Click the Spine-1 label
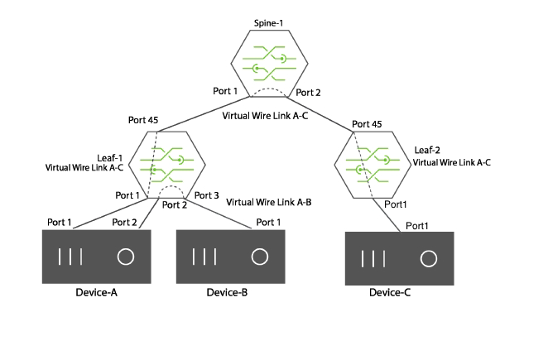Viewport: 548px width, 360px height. coord(268,23)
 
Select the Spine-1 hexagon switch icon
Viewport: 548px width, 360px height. coord(270,63)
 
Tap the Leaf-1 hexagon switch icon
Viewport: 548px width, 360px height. coord(167,165)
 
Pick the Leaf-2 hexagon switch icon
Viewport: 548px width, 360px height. coord(373,165)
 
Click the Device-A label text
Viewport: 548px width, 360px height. coord(97,292)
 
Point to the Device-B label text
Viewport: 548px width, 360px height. coord(227,292)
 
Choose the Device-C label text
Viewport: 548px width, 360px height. coord(390,292)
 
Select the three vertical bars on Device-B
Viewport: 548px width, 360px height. coord(204,257)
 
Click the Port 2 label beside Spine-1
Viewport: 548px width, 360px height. coord(308,93)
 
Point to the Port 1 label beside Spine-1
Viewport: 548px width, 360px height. coord(225,91)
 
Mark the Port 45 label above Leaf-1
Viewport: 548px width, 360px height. coord(143,120)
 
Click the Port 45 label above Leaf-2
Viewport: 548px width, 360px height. coord(367,124)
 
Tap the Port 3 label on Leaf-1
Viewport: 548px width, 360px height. coord(207,195)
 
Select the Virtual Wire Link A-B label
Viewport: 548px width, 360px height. coord(269,203)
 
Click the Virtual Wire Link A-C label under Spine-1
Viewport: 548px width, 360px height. coord(265,116)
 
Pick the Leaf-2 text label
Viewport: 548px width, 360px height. coord(427,151)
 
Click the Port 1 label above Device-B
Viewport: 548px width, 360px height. coord(268,223)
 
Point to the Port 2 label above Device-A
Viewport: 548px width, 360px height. coord(124,223)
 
